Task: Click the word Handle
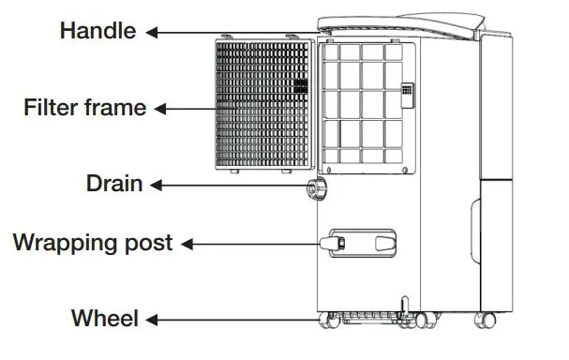[x=98, y=30]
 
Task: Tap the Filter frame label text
[x=84, y=108]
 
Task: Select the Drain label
[x=113, y=184]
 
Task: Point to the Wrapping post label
[x=93, y=243]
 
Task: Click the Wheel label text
[x=105, y=319]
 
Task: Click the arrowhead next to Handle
[x=151, y=32]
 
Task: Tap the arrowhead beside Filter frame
[x=160, y=109]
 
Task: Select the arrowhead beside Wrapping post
[x=186, y=244]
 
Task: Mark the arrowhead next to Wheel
[x=150, y=320]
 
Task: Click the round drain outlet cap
[x=312, y=190]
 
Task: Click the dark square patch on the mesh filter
[x=301, y=85]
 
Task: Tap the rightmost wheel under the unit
[x=487, y=321]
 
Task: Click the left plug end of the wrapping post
[x=330, y=245]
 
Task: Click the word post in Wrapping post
[x=150, y=244]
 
